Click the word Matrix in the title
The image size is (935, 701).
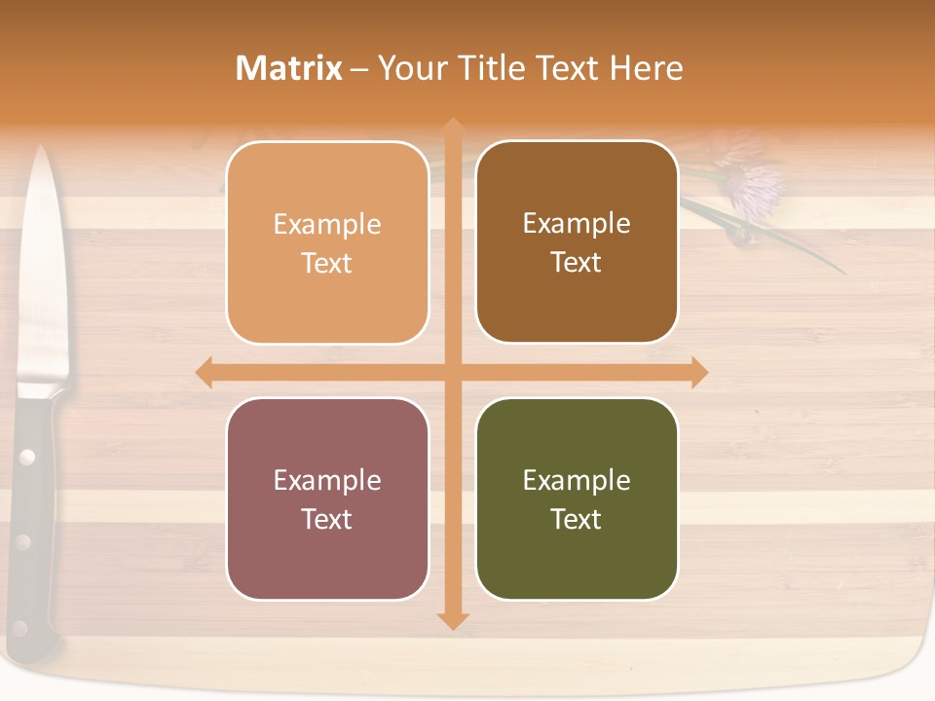289,68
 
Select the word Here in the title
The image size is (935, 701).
646,68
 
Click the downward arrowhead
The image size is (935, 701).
452,620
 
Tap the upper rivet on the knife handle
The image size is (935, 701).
27,456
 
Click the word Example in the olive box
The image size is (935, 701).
577,480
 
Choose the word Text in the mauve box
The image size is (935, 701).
327,519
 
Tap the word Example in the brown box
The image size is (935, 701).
577,223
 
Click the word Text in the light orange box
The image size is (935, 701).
327,263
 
